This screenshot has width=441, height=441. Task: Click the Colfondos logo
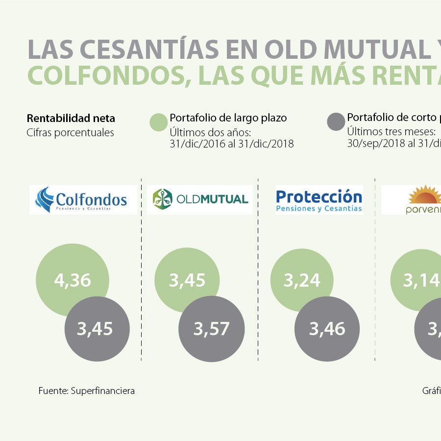click(x=83, y=199)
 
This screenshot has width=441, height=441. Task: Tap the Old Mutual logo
click(x=199, y=199)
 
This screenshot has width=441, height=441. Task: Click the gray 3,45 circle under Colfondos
click(x=97, y=329)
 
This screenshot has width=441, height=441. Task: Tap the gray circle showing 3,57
click(x=211, y=329)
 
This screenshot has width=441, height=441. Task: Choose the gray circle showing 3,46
click(x=327, y=329)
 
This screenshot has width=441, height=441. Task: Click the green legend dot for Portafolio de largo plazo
click(x=158, y=122)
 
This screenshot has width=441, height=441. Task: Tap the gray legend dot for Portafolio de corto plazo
click(x=336, y=122)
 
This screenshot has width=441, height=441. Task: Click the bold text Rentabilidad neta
click(x=71, y=118)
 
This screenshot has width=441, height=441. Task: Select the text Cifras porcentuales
click(x=70, y=133)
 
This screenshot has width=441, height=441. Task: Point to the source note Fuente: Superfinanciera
click(x=86, y=391)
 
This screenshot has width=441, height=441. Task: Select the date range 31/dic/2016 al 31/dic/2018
click(x=231, y=144)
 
